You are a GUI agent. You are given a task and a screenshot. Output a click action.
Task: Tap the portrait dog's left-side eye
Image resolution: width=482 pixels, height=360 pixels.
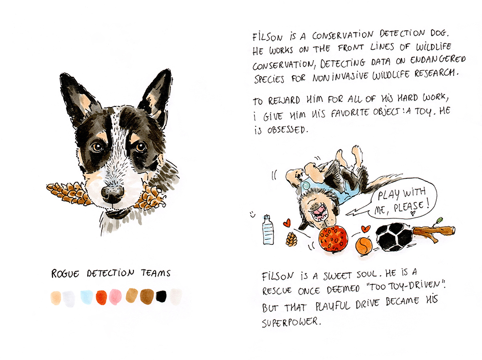[x=97, y=147]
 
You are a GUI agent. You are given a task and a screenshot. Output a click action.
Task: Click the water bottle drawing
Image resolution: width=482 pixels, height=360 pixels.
[x=268, y=230]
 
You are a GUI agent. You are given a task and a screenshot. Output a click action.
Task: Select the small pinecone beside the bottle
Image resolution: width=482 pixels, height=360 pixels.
[x=292, y=239]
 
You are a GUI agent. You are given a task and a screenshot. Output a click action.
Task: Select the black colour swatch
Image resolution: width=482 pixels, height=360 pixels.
[x=161, y=297]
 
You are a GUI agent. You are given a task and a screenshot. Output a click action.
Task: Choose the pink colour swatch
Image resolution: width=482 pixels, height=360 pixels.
[x=115, y=297]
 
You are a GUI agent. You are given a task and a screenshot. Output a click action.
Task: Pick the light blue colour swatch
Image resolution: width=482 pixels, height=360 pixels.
[x=87, y=297]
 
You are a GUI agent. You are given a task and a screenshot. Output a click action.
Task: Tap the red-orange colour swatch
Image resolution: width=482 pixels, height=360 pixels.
[x=101, y=297]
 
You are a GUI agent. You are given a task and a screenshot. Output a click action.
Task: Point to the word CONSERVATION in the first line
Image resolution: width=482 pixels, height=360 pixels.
[x=343, y=35]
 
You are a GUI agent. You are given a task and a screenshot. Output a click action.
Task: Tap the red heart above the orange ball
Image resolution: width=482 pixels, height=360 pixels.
[x=366, y=229]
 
